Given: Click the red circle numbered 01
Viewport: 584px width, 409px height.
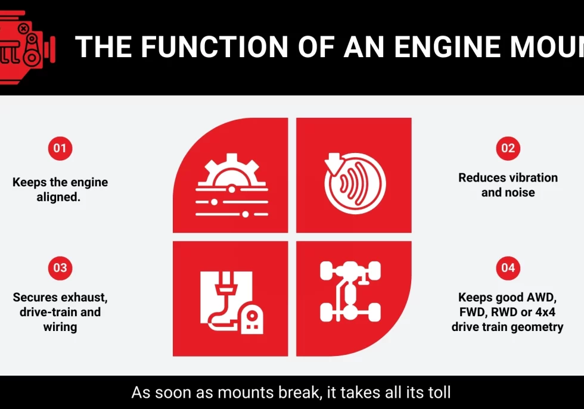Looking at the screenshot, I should coord(60,148).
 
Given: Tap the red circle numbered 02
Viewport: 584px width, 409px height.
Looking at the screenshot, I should coord(508,148).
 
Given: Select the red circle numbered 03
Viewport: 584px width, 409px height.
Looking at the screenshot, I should coord(60,268).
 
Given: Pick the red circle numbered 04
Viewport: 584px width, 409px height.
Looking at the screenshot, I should coord(508,268).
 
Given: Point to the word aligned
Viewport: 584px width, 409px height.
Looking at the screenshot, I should coord(58,197).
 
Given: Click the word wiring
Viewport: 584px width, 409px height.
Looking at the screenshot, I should coord(60,327).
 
